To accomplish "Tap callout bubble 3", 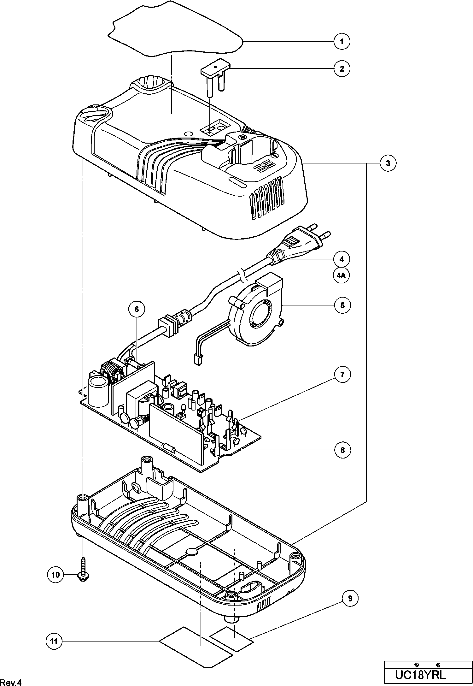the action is (x=388, y=163).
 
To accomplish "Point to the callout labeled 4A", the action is (x=341, y=275).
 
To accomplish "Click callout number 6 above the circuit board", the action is (x=137, y=310).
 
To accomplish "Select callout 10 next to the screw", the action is (x=55, y=575).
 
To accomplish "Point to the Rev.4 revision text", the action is (x=11, y=683).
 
